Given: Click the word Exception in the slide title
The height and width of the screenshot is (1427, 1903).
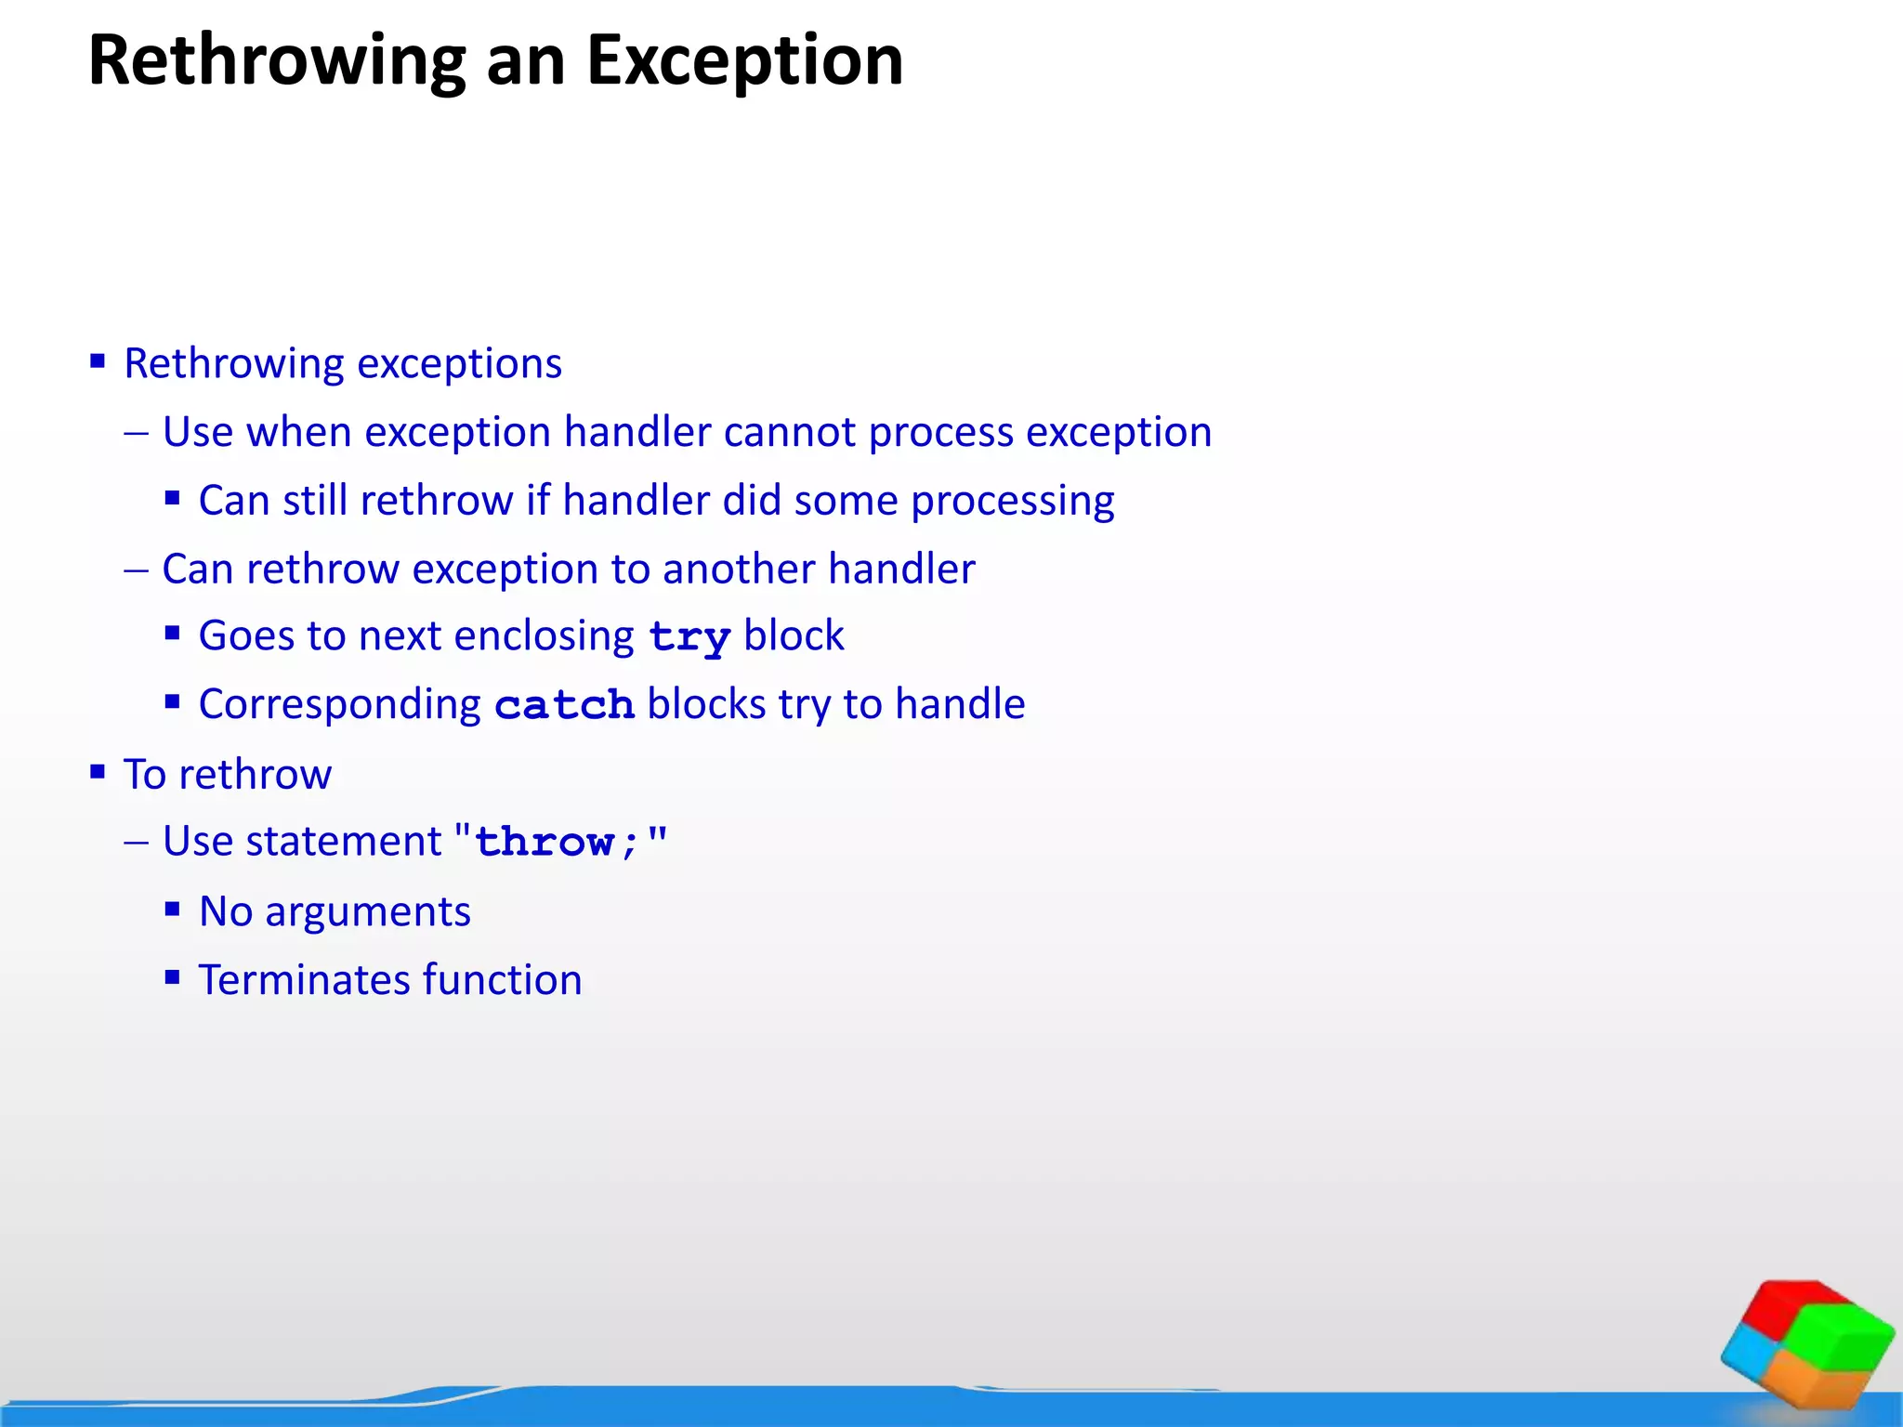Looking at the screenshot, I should pyautogui.click(x=744, y=61).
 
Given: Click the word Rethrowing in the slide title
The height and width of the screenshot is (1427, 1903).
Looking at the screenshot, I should pyautogui.click(x=277, y=61).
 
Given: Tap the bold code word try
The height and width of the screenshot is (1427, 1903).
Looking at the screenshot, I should pyautogui.click(x=689, y=638).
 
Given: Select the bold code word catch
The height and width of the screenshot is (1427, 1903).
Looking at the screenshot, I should pyautogui.click(x=564, y=706).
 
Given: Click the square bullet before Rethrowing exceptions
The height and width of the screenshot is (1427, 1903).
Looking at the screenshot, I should pyautogui.click(x=98, y=360).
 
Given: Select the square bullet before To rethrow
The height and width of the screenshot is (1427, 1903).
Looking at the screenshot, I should pyautogui.click(x=98, y=771).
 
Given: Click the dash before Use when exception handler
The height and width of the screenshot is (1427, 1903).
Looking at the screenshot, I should pyautogui.click(x=137, y=433).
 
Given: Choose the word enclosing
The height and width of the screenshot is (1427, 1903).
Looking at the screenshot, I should pyautogui.click(x=544, y=637).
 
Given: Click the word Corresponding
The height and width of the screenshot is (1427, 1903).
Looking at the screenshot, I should pyautogui.click(x=339, y=705).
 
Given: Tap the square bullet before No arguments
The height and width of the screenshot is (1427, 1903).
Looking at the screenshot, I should pyautogui.click(x=172, y=909).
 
